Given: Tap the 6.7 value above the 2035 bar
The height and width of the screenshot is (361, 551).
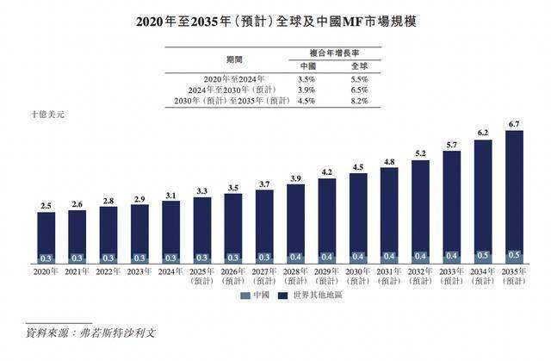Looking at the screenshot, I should (515, 125).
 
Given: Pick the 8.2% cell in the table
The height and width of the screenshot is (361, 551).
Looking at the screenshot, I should (359, 101).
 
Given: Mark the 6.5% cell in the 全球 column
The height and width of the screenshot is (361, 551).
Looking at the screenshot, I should (359, 89).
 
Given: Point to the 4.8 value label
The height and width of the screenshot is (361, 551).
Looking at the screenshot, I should (389, 162).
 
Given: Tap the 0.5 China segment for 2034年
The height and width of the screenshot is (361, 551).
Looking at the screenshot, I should (483, 255).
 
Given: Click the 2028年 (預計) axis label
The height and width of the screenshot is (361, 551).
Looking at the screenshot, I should (295, 277).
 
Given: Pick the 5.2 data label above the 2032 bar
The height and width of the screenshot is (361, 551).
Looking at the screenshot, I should (421, 153).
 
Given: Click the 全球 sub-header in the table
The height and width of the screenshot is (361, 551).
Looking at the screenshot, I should (359, 65).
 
